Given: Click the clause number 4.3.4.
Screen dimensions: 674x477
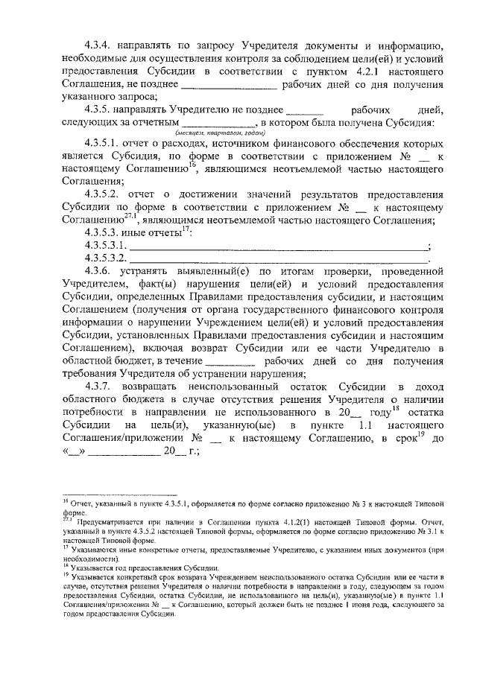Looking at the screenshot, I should [x=100, y=43].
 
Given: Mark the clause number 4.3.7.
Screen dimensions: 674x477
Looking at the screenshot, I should [x=100, y=387].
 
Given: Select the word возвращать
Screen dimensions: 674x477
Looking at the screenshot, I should [x=162, y=387].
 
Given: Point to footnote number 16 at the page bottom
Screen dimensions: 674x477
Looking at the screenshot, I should [x=66, y=504].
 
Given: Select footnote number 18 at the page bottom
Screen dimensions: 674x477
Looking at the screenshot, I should [x=66, y=565].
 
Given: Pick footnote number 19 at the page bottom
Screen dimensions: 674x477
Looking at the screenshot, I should [x=66, y=576].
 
